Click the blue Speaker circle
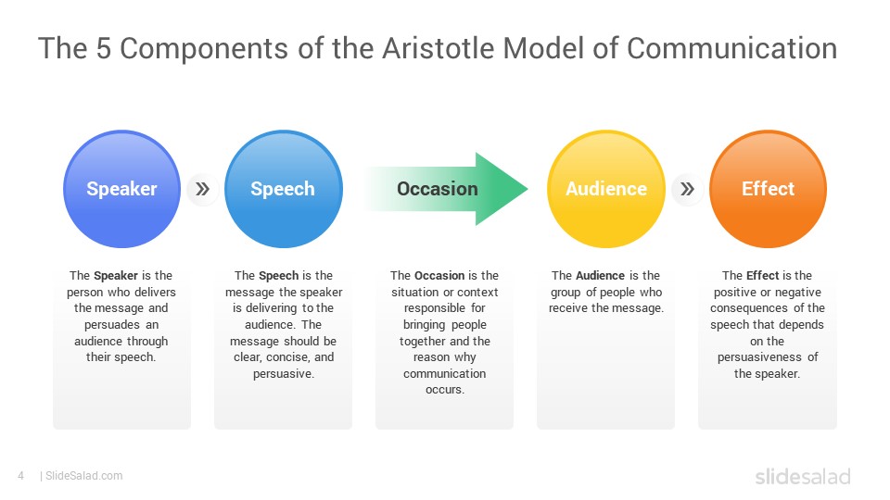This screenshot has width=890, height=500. click(x=121, y=189)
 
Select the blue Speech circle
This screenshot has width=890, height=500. click(x=283, y=189)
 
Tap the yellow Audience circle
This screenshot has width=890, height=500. click(x=606, y=189)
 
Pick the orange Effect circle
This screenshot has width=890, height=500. click(x=768, y=189)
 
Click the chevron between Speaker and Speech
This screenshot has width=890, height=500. click(x=202, y=190)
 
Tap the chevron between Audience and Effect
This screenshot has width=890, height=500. click(x=687, y=190)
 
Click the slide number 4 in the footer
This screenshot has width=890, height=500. click(x=20, y=476)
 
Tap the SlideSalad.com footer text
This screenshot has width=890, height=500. click(x=83, y=476)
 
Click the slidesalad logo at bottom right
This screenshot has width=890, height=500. click(x=802, y=477)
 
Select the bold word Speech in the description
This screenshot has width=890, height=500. click(x=278, y=276)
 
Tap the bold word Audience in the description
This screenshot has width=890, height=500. click(x=601, y=276)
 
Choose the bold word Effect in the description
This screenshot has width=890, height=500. click(x=762, y=276)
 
